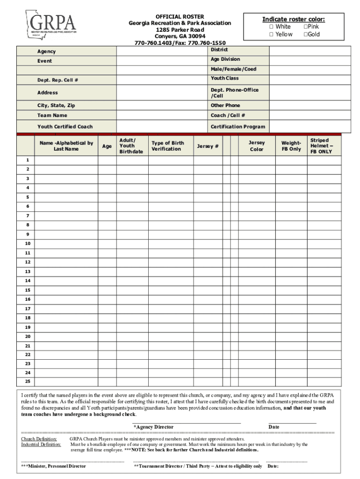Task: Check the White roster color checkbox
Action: tap(271, 27)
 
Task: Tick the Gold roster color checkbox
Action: tap(306, 35)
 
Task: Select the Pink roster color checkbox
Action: tap(306, 27)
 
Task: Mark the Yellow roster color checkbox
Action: tap(271, 35)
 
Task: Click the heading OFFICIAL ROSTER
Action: tap(180, 16)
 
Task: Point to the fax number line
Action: tap(180, 43)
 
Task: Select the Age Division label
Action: tap(225, 59)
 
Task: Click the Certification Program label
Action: tap(238, 127)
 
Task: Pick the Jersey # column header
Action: tap(208, 146)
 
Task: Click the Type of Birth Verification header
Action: tap(167, 146)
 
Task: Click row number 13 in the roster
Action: tap(28, 272)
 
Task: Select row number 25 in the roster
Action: tap(28, 382)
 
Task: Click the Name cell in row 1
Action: tap(66, 160)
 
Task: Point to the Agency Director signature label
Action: tap(153, 427)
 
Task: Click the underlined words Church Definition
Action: tap(39, 439)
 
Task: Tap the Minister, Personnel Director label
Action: tap(54, 466)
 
